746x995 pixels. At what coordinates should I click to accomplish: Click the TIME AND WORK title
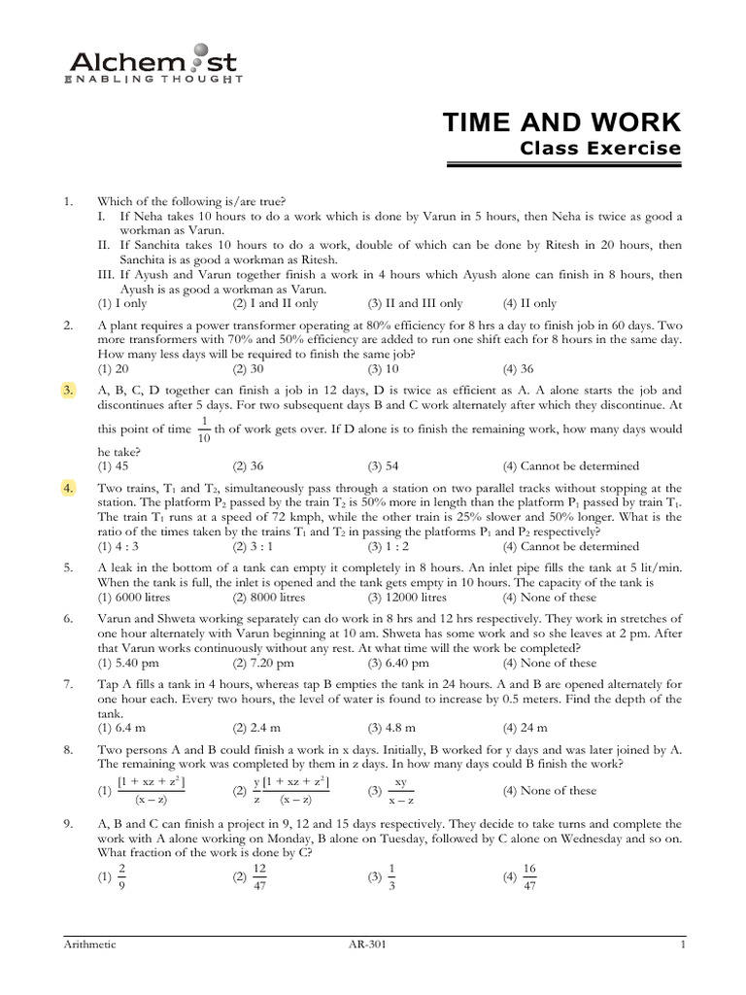click(x=561, y=123)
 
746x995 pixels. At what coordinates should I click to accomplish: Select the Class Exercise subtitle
click(x=600, y=149)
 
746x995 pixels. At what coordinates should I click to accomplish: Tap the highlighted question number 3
click(x=68, y=390)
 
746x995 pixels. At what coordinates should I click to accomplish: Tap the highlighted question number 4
click(x=68, y=488)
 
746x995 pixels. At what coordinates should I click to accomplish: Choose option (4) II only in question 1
click(x=529, y=303)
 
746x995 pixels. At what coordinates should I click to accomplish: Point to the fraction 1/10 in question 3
click(x=204, y=429)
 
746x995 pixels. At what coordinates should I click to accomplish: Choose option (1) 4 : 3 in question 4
click(x=122, y=546)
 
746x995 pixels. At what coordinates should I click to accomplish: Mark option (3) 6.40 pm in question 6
click(x=397, y=663)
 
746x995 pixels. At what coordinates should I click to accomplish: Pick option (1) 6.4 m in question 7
click(x=120, y=728)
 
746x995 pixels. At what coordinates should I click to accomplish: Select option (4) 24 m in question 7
click(x=525, y=728)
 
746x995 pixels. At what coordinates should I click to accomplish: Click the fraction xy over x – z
click(x=400, y=790)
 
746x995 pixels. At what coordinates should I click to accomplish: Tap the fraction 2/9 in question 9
click(x=121, y=875)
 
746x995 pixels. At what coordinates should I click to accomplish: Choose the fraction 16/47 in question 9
click(x=528, y=875)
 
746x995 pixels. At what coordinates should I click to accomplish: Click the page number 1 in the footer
click(x=684, y=944)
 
